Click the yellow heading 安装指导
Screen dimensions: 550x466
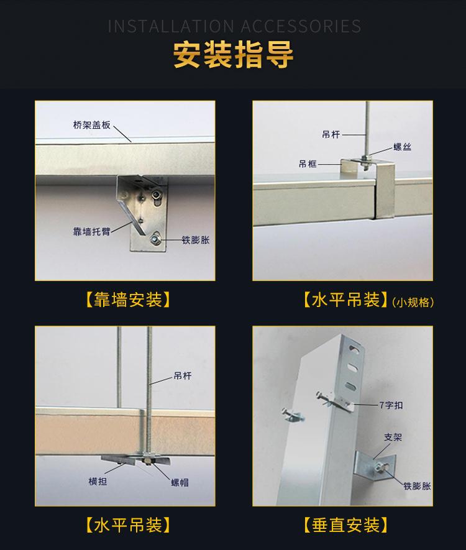(233, 55)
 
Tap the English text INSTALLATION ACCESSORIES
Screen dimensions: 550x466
(234, 26)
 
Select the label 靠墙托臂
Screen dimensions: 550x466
(90, 231)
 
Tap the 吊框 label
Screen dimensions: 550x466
(308, 164)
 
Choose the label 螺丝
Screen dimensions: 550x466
(403, 147)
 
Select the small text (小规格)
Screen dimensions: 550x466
(413, 303)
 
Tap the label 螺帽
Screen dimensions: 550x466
(181, 482)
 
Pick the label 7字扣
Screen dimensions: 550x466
(391, 405)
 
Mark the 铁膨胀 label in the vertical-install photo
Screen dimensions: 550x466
(417, 486)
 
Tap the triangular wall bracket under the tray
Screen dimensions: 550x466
(145, 211)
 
